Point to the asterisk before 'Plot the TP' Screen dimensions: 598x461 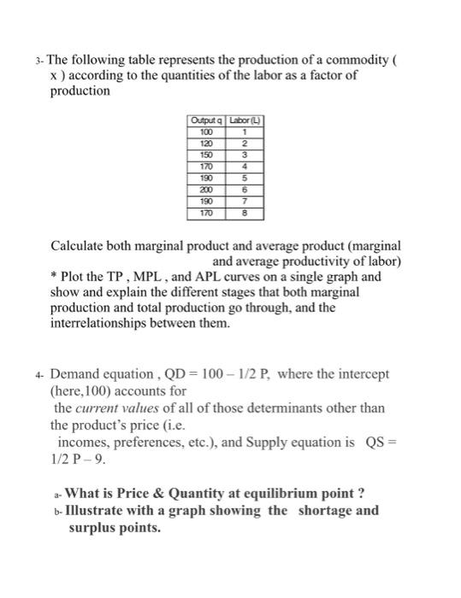coord(55,278)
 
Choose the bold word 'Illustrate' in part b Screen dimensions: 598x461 coord(100,511)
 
